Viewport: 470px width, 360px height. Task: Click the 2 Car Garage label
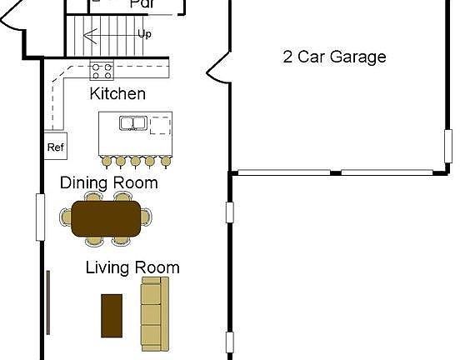(334, 57)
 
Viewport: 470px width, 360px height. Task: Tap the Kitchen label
(117, 94)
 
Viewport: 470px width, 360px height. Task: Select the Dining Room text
(108, 182)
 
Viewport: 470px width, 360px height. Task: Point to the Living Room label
(132, 267)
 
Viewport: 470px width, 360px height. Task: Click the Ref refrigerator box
(56, 147)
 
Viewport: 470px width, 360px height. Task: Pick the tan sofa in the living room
(154, 312)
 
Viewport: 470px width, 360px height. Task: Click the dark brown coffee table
(112, 315)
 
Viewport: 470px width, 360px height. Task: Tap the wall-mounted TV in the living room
(48, 300)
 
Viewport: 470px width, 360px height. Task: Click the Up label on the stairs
(144, 34)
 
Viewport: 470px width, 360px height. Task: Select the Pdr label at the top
(142, 4)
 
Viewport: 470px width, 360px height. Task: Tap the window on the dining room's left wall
(39, 217)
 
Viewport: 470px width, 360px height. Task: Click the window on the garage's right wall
(448, 147)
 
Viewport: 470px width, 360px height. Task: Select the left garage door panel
(282, 172)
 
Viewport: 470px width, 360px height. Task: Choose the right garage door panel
(387, 172)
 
